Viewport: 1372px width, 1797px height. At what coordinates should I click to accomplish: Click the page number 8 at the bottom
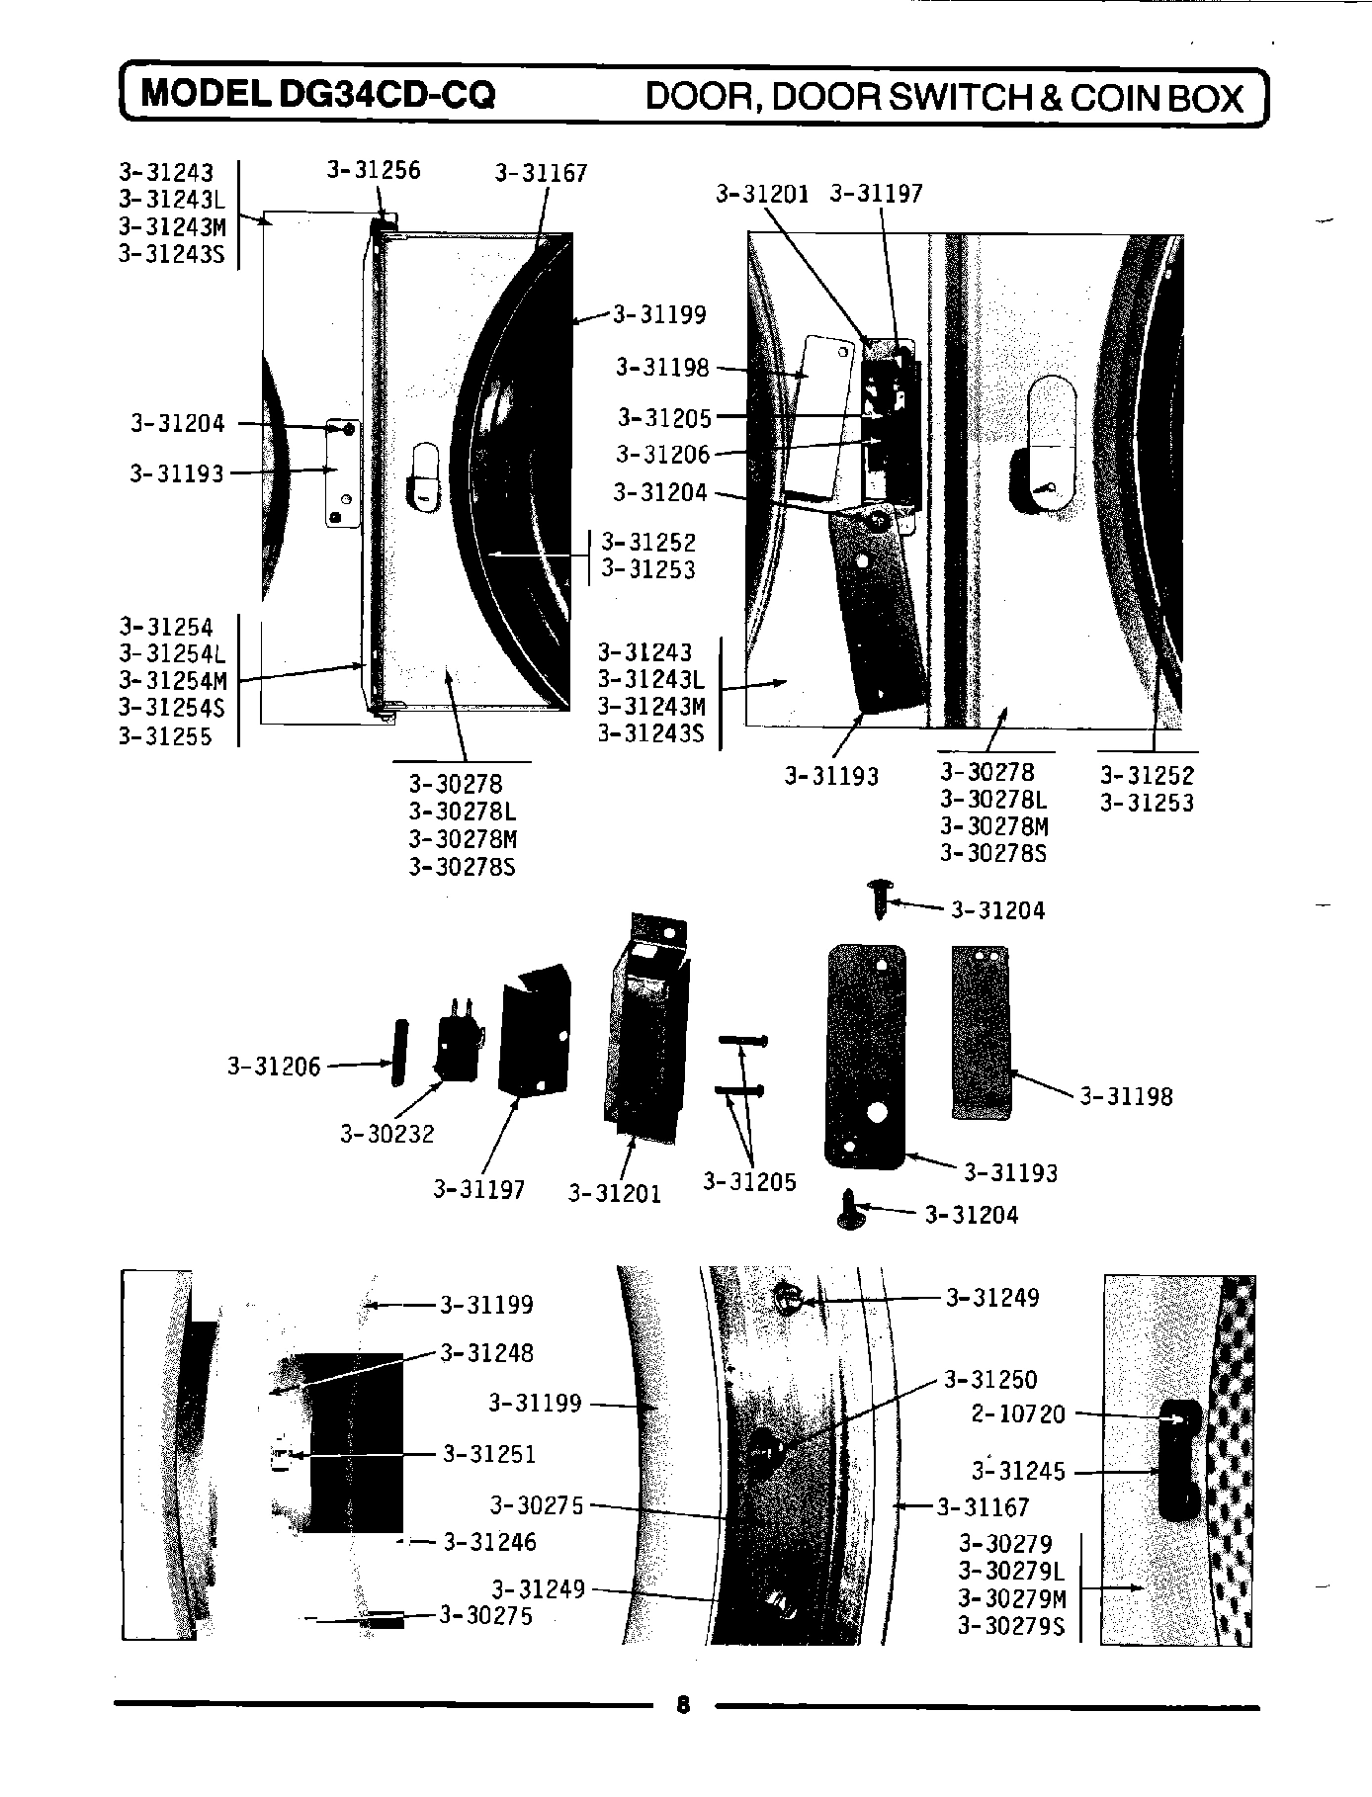point(683,1705)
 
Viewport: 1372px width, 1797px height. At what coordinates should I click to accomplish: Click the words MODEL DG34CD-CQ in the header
point(317,95)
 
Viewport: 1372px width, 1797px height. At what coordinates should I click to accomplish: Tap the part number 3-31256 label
point(374,171)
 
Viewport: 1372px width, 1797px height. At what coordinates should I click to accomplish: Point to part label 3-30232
point(387,1134)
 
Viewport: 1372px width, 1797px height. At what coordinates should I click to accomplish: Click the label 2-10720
point(1018,1413)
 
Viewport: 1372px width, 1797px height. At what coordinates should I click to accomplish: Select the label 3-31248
point(486,1352)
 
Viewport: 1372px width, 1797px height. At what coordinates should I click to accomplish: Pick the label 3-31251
point(488,1454)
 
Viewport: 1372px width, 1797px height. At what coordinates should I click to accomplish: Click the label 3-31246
point(489,1542)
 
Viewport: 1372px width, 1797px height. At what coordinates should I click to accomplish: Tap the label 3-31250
point(990,1379)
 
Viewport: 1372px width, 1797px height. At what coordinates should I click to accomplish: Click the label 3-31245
point(1018,1472)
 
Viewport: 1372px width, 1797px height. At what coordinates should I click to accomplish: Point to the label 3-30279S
point(1011,1626)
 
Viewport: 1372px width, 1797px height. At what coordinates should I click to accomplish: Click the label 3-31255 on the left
point(165,736)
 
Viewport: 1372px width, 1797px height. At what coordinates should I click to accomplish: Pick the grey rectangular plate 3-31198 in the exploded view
point(981,1033)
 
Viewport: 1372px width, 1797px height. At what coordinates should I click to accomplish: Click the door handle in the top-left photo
point(423,477)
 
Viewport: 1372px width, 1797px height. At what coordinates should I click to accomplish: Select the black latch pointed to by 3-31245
point(1179,1459)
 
